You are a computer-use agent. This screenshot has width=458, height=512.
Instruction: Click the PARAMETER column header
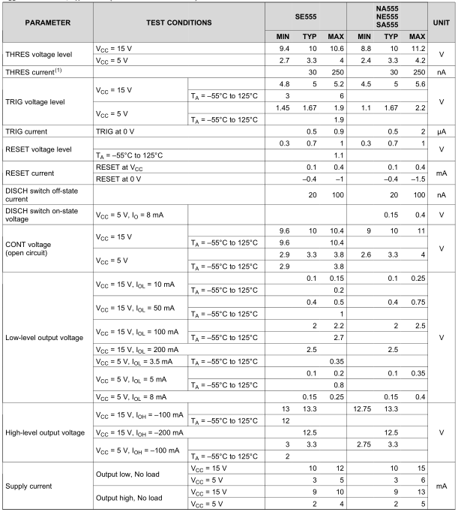[46, 23]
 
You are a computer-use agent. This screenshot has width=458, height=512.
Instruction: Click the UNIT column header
[440, 23]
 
